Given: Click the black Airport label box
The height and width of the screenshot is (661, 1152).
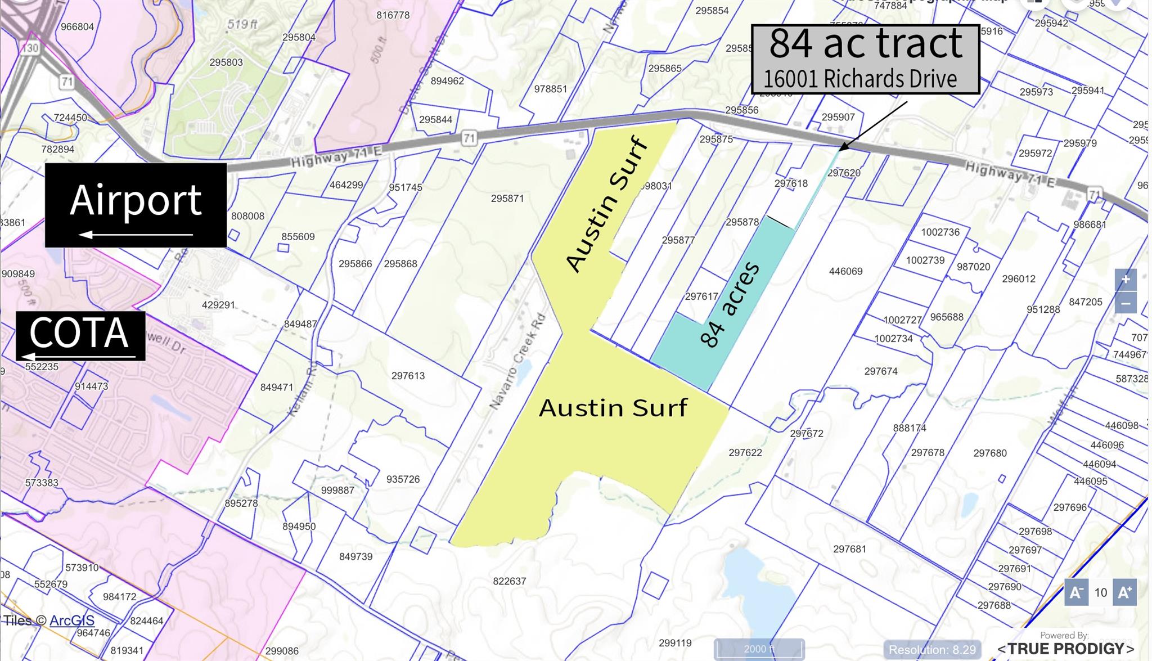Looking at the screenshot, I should click(136, 205).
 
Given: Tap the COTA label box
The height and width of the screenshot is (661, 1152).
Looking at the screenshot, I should click(80, 335).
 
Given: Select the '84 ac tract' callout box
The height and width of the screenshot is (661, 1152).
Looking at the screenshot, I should click(865, 59).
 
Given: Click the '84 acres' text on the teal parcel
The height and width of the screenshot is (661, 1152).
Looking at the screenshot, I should click(730, 304).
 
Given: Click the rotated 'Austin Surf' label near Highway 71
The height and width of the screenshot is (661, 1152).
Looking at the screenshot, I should click(607, 204).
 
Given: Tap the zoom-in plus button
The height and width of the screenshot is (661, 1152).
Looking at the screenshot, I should click(1125, 280).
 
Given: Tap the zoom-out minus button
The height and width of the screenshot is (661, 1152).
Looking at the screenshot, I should click(1125, 303).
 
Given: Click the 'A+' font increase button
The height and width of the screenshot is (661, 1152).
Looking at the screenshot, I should click(1124, 592).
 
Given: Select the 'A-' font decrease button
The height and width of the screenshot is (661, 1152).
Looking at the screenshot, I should click(1076, 592).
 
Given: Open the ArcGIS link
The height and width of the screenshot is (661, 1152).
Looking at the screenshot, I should click(72, 620).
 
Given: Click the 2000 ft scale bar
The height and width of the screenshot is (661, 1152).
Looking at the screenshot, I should click(759, 649).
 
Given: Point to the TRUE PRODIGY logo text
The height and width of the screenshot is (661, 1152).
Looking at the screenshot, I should click(1065, 649).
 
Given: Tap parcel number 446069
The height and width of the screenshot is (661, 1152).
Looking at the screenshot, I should click(845, 271).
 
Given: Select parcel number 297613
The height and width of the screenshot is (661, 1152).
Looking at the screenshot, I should click(408, 376).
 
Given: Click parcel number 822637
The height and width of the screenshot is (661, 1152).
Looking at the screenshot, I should click(509, 581).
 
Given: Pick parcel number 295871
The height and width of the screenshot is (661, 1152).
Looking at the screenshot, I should click(507, 199).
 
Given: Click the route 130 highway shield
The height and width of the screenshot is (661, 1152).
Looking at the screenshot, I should click(30, 48).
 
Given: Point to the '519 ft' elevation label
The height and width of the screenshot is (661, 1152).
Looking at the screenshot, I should click(242, 24).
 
